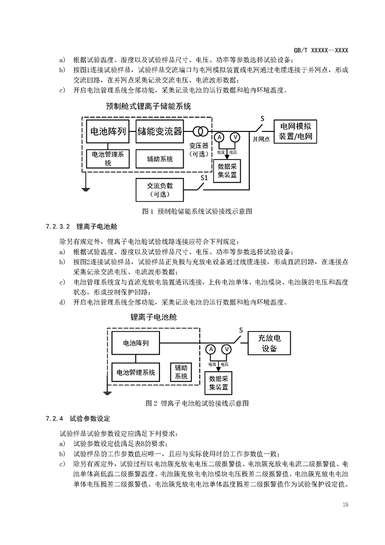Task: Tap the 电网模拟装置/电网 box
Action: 296,131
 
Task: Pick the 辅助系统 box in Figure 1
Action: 160,159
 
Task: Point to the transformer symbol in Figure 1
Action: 200,131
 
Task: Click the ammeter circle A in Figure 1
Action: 221,137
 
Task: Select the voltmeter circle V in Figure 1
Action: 235,137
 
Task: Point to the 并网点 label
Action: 261,139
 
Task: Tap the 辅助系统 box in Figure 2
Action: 181,372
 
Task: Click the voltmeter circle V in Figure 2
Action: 227,349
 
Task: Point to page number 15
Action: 345,504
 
